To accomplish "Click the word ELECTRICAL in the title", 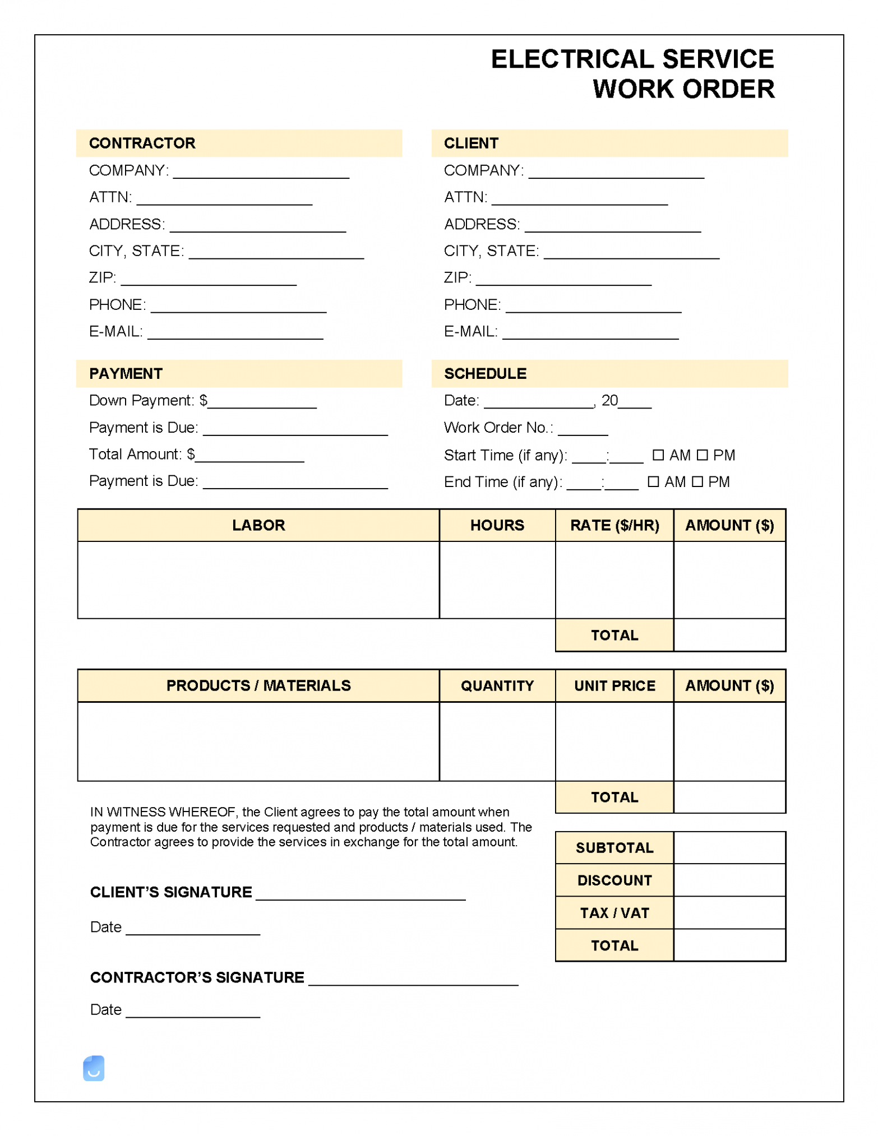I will pyautogui.click(x=571, y=59).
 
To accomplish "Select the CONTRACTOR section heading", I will pyautogui.click(x=142, y=143).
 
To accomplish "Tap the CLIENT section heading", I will pyautogui.click(x=470, y=143).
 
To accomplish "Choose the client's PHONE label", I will pyautogui.click(x=472, y=304).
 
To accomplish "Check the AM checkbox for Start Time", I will pyautogui.click(x=658, y=455).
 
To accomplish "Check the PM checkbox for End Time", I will pyautogui.click(x=697, y=481).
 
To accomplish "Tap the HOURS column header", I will pyautogui.click(x=497, y=525).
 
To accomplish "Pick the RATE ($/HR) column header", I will pyautogui.click(x=614, y=525).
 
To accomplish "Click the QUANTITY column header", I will pyautogui.click(x=497, y=685).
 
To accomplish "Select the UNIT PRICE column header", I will pyautogui.click(x=614, y=685).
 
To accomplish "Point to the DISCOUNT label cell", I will pyautogui.click(x=614, y=880).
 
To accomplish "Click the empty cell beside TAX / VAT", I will pyautogui.click(x=729, y=912).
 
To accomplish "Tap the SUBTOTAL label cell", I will pyautogui.click(x=614, y=847).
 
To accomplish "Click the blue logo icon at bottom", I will pyautogui.click(x=94, y=1068).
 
